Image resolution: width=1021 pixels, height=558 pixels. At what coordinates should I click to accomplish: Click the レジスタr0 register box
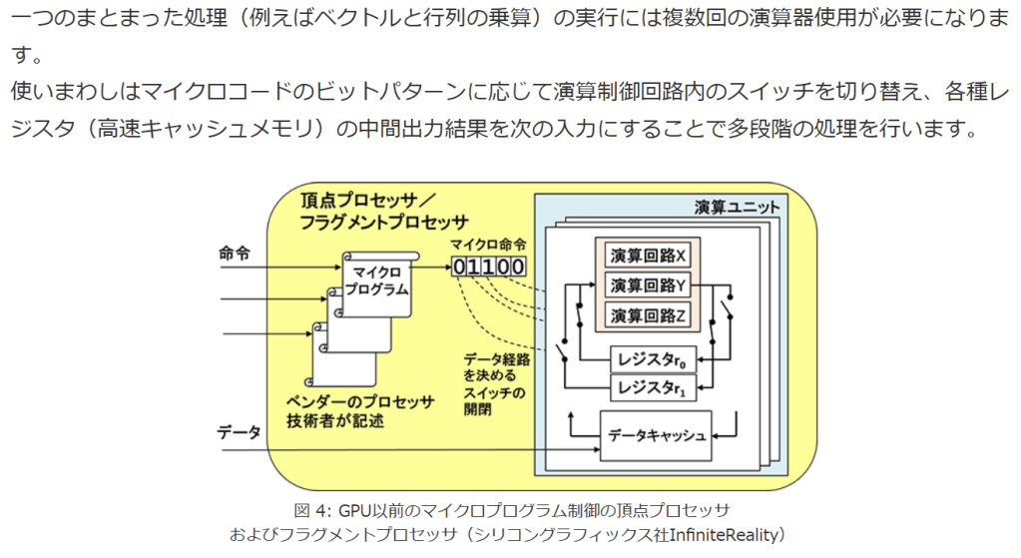(654, 358)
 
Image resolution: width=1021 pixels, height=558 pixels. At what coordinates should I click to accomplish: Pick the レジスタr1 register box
(654, 386)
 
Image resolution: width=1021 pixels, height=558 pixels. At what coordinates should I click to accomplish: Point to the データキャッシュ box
(656, 435)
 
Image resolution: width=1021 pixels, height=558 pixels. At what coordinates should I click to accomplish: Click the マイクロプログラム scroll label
(379, 280)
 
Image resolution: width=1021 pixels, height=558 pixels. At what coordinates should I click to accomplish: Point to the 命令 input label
(234, 255)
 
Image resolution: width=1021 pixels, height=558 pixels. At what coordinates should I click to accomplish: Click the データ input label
(240, 432)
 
